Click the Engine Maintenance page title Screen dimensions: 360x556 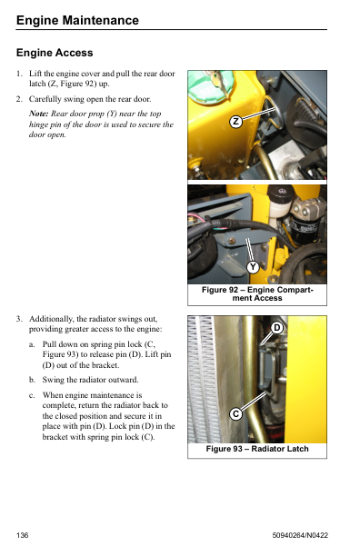tap(77, 20)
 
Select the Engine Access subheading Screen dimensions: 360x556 tap(55, 53)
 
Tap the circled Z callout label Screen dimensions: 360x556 tap(235, 122)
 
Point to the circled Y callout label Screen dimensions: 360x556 tap(253, 267)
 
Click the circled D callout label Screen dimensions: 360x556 tap(277, 328)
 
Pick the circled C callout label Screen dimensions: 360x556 tap(235, 413)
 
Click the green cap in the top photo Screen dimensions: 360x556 tap(210, 85)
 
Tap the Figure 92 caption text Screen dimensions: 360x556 tap(257, 294)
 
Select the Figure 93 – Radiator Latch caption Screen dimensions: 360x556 tap(257, 449)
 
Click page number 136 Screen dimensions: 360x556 tap(22, 535)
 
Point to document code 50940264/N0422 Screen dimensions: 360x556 tap(300, 535)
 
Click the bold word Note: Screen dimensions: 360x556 tap(39, 114)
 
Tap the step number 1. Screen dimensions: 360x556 tap(19, 74)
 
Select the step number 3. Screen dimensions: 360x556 tap(19, 319)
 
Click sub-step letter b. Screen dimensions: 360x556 tap(32, 380)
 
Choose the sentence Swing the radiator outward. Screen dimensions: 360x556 tap(90, 380)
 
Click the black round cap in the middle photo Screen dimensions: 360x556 tap(281, 194)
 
